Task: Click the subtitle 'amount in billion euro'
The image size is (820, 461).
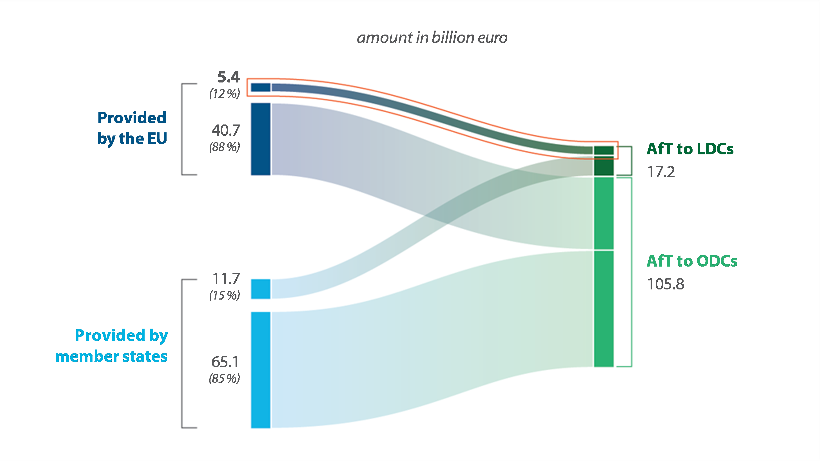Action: pos(432,38)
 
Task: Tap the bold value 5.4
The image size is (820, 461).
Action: pos(228,77)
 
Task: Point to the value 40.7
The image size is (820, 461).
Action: pos(226,130)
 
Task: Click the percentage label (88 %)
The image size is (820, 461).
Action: pos(224,147)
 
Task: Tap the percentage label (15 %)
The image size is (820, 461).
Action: pos(224,295)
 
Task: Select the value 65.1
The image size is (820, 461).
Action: pos(225,362)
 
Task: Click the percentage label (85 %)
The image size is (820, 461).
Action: pos(224,379)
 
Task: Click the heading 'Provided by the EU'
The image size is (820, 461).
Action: pos(132,128)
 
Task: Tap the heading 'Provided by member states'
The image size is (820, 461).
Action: pos(112,346)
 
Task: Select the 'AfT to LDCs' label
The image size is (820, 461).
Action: pos(690,149)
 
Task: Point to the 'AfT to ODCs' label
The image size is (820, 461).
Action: pos(692,261)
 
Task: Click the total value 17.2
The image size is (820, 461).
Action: pos(661,172)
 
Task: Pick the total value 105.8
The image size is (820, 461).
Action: pos(666,284)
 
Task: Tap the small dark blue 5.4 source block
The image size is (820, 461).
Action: pos(260,87)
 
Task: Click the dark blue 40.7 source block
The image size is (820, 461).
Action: pos(260,139)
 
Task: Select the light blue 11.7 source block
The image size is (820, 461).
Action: pos(260,289)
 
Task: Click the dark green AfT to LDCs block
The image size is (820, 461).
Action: pos(604,161)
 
